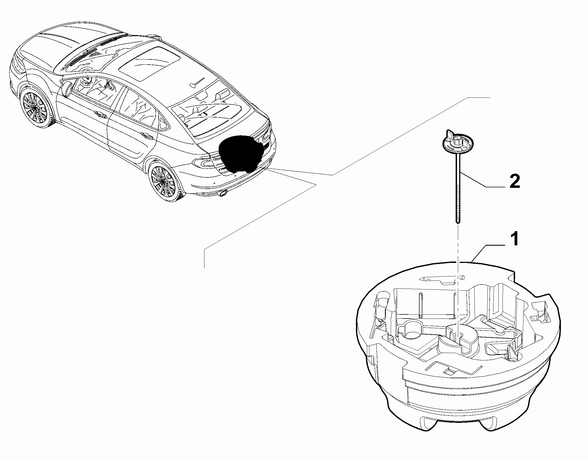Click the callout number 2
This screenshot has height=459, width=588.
(515, 182)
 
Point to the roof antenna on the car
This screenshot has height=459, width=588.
(198, 82)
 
